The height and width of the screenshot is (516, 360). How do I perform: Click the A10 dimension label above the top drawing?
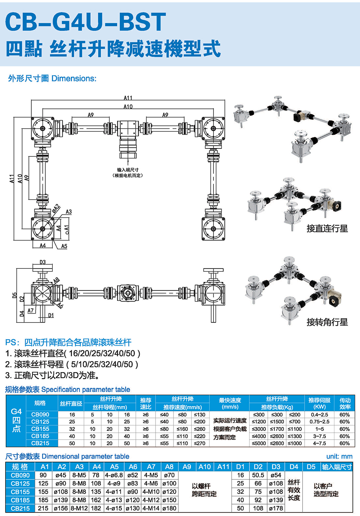point(128,107)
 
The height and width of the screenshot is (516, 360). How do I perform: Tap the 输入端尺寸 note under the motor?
point(128,173)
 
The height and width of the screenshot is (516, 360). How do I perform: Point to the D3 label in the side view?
point(43,262)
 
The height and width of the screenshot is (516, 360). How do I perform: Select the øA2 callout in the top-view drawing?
point(56,209)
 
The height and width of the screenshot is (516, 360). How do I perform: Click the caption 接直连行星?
point(327,228)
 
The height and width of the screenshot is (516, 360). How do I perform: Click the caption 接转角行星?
point(327,322)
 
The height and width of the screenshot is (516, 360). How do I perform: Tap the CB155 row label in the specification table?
point(40,429)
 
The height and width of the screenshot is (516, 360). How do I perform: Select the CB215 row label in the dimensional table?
point(20,508)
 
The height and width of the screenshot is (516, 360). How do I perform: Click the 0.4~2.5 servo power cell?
point(320,414)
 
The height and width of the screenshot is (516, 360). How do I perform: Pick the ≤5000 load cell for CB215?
point(259,443)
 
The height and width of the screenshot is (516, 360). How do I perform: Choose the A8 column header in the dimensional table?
point(169,467)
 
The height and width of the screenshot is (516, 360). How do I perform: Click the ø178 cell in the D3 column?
point(276,508)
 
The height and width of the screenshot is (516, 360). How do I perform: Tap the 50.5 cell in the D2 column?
point(258,475)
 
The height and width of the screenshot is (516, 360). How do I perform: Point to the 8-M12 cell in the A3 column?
point(79,508)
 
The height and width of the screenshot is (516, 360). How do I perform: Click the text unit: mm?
point(339,457)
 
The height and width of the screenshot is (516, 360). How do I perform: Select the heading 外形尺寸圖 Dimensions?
point(52,79)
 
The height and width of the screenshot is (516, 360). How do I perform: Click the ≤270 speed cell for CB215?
point(199,443)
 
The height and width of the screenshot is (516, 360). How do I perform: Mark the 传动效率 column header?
point(345,404)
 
